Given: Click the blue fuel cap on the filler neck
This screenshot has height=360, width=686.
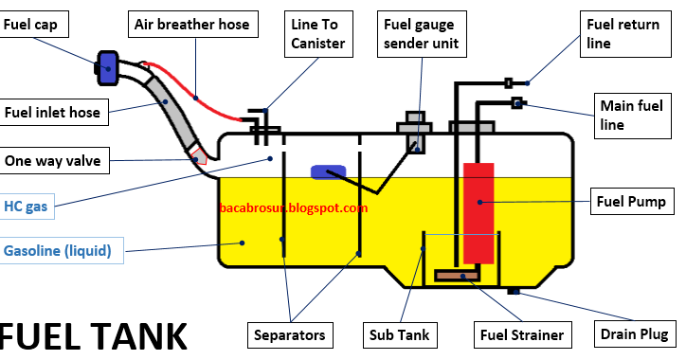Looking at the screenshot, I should pyautogui.click(x=106, y=64).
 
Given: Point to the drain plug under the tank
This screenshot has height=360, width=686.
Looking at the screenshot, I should pyautogui.click(x=514, y=291).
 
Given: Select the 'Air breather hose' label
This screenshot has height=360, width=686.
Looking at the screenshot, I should pyautogui.click(x=192, y=24).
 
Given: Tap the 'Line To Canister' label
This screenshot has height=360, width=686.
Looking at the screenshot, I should pyautogui.click(x=317, y=32).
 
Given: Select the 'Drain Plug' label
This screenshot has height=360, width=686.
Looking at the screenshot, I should pyautogui.click(x=634, y=334).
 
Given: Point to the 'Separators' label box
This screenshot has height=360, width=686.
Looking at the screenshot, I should pyautogui.click(x=290, y=334).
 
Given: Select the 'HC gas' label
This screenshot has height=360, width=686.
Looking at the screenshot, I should pyautogui.click(x=27, y=206).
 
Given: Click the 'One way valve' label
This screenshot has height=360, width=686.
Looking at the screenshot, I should pyautogui.click(x=51, y=161).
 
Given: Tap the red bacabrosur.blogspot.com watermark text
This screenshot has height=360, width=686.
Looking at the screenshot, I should pyautogui.click(x=293, y=207).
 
